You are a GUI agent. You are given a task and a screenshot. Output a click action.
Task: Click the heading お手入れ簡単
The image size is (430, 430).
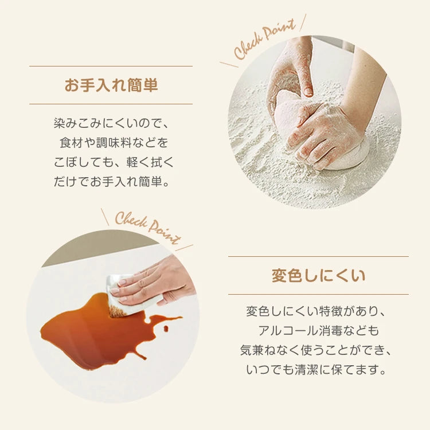click(111, 85)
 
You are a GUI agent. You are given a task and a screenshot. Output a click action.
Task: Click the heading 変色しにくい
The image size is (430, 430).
click(318, 275)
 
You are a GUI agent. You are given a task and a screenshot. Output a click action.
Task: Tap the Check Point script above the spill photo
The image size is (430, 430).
click(148, 228)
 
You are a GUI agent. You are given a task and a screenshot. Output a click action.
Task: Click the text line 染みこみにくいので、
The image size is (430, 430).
click(111, 123)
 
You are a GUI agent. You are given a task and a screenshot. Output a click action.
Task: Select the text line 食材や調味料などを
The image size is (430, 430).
click(114, 143)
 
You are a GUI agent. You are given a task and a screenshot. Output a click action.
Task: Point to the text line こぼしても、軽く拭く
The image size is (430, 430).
click(114, 162)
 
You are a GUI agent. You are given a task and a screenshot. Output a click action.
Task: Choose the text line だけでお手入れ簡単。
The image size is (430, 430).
click(111, 182)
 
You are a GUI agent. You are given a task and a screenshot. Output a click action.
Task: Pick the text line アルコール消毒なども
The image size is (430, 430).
click(318, 331)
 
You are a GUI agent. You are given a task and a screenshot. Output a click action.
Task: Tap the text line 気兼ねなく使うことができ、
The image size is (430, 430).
click(316, 350)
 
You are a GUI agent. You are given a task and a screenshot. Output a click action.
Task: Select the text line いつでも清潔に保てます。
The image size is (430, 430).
click(316, 370)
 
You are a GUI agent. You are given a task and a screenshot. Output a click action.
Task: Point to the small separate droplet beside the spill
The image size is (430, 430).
click(166, 328)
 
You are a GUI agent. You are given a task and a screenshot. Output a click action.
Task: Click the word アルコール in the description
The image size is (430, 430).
click(288, 331)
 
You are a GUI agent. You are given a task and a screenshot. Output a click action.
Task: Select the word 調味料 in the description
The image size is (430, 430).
click(114, 143)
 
